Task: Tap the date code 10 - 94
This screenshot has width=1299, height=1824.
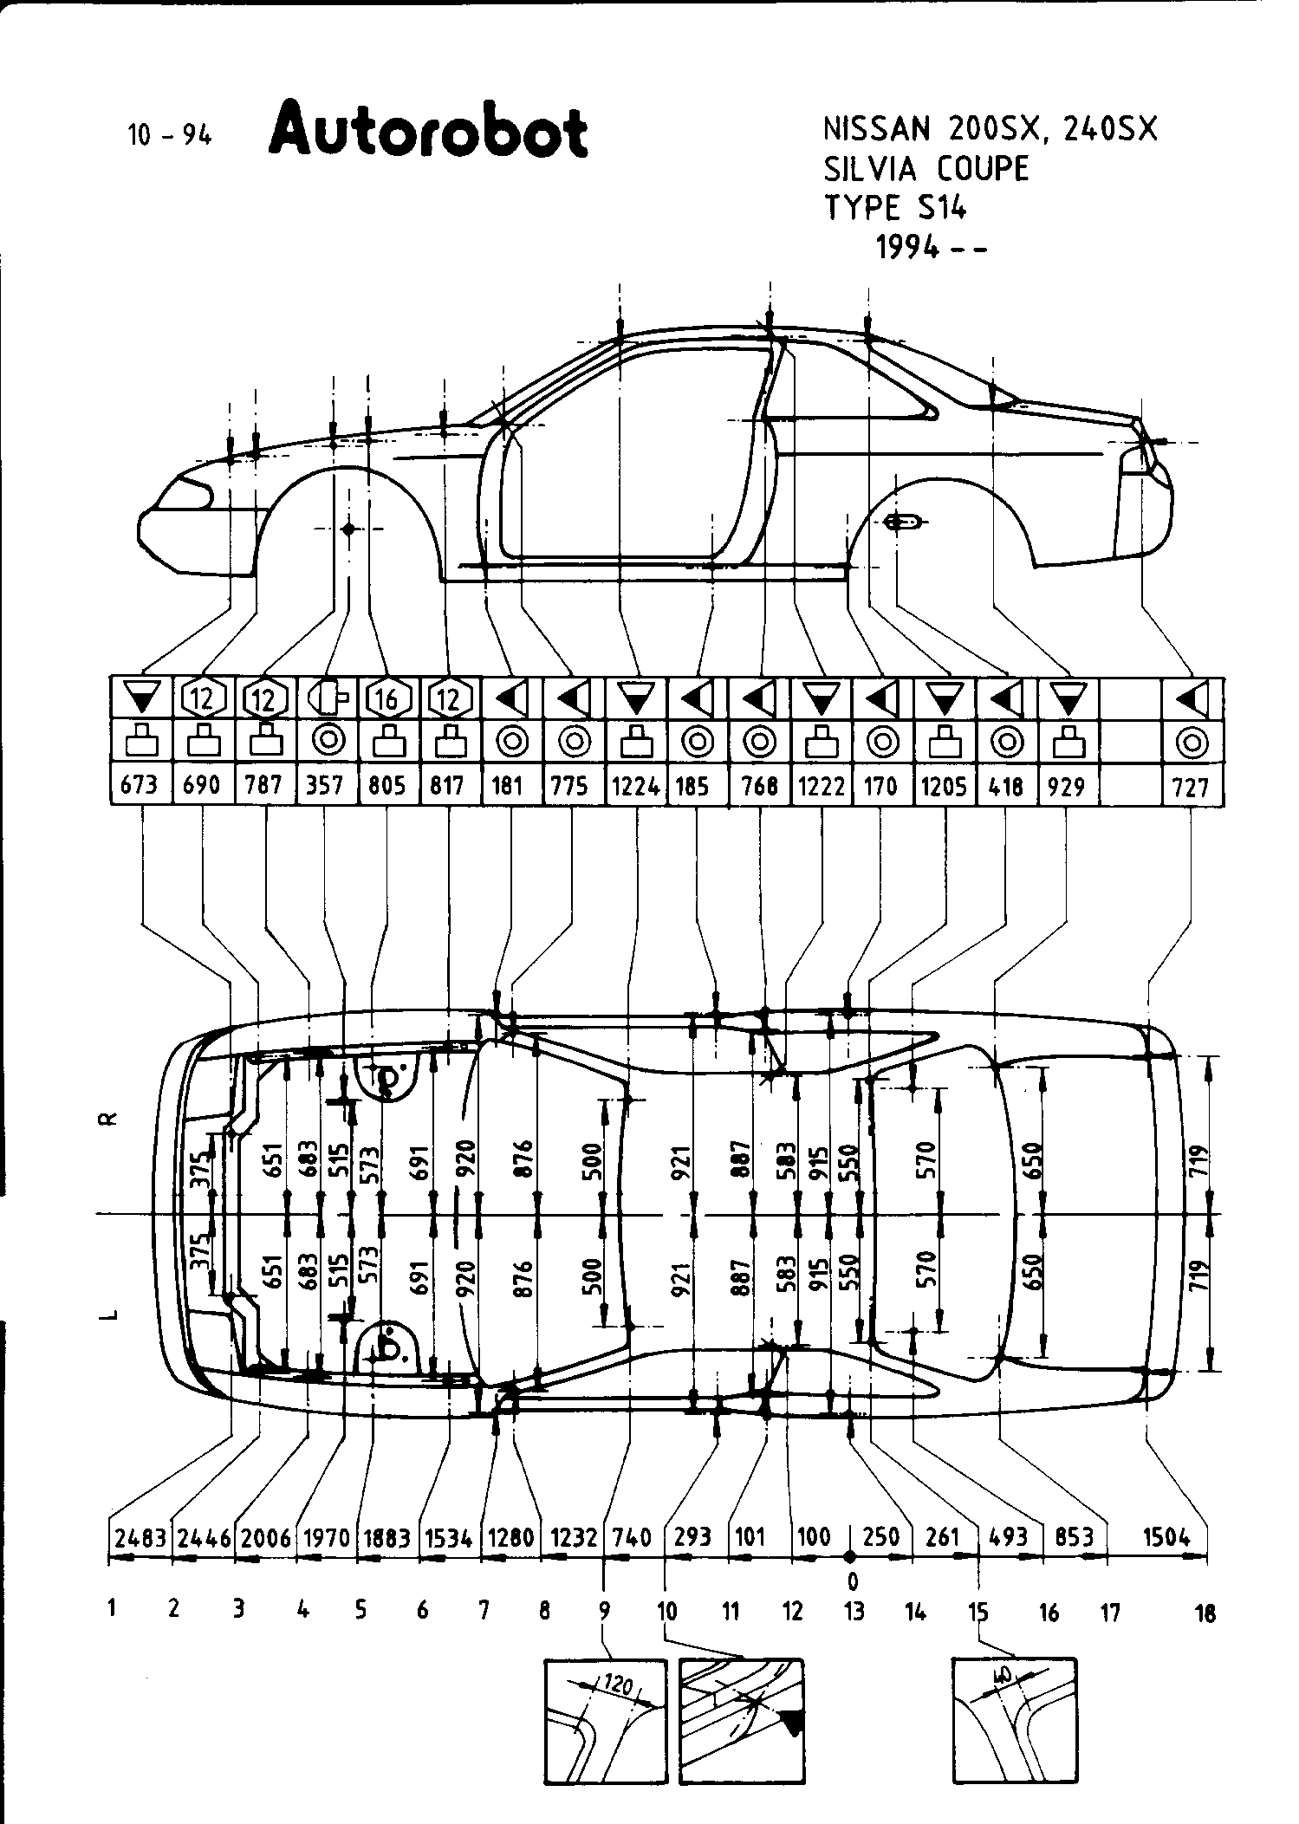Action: coord(170,135)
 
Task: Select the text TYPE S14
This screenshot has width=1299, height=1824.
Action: coord(894,208)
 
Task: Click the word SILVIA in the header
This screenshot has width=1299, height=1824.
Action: coord(873,168)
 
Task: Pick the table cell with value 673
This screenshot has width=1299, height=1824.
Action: coord(140,785)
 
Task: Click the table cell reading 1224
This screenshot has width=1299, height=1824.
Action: coord(636,786)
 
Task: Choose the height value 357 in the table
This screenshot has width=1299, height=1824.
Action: coord(326,785)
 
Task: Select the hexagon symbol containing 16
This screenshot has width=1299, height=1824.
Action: coord(386,698)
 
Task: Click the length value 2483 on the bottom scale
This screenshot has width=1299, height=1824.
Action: coord(140,1538)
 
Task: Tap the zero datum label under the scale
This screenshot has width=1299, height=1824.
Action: coord(853,1581)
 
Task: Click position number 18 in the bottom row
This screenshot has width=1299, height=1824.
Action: coord(1204,1613)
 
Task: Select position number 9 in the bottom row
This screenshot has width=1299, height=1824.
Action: coord(604,1611)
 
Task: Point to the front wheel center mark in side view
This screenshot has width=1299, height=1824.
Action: coord(348,529)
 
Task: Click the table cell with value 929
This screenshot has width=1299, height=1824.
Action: coord(1067,786)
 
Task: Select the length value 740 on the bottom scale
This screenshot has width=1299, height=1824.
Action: coord(632,1538)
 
